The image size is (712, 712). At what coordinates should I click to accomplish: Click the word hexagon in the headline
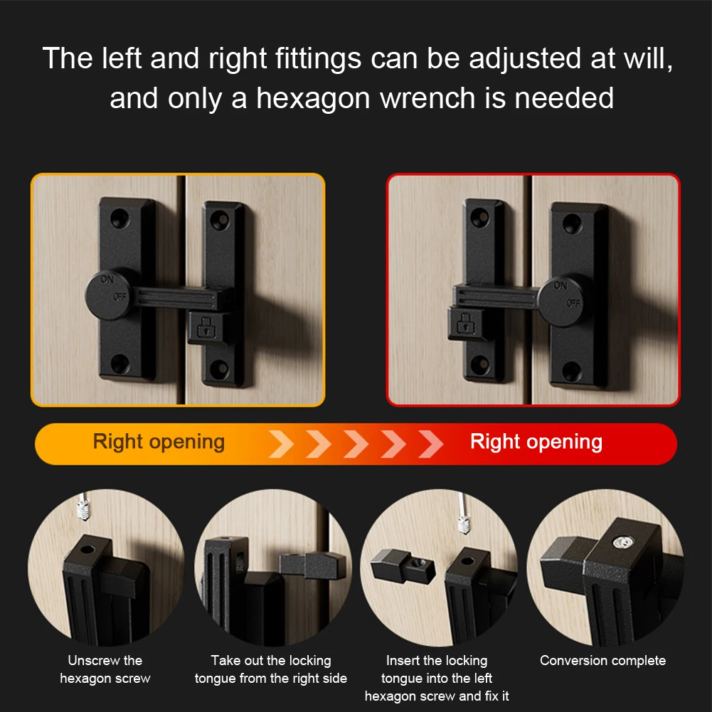[x=313, y=99]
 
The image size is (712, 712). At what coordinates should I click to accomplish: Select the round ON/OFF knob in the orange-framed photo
[x=110, y=295]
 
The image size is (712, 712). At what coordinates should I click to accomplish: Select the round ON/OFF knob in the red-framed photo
[x=563, y=302]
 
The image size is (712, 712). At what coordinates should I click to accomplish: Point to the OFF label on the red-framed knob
[x=573, y=303]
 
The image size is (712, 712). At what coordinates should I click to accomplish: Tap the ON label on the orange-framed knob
[x=107, y=279]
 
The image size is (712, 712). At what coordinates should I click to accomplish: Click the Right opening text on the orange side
[x=159, y=442]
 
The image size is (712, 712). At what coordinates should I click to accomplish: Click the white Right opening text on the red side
[x=536, y=442]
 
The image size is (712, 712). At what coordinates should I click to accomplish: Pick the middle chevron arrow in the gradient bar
[x=356, y=444]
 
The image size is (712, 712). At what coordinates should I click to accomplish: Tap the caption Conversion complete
[x=602, y=660]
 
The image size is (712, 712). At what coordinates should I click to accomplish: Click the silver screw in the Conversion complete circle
[x=622, y=542]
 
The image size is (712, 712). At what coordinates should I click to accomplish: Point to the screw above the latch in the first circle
[x=83, y=508]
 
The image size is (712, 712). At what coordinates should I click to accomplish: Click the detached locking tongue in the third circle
[x=403, y=566]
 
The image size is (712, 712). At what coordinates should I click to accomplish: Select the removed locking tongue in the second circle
[x=312, y=565]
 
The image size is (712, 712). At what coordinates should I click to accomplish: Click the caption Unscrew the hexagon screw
[x=105, y=669]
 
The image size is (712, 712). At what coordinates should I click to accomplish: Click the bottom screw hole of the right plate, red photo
[x=572, y=371]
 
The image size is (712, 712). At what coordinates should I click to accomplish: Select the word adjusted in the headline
[x=524, y=60]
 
